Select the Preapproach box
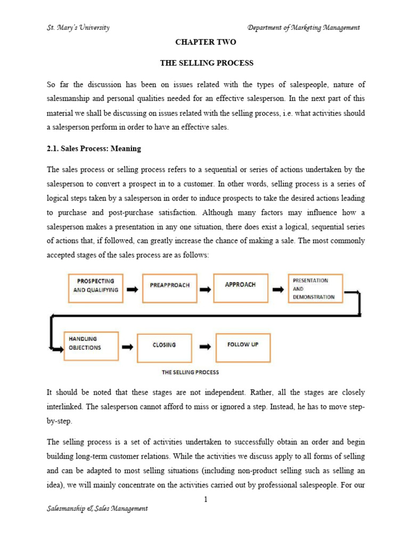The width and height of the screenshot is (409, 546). pos(169,286)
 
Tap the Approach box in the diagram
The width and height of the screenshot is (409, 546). pos(240,285)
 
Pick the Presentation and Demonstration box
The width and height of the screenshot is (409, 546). pos(315,288)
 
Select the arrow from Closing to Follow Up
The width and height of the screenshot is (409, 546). pos(204,347)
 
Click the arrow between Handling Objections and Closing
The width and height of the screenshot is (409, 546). pos(127,347)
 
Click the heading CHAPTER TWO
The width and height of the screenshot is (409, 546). pos(207,42)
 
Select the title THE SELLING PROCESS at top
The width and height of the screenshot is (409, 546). pos(207,63)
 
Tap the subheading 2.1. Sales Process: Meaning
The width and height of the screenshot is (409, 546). pos(94,149)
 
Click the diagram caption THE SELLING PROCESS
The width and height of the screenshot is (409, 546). pos(190,372)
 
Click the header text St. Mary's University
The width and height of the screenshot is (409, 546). pos(78,28)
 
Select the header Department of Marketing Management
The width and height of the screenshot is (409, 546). pos(304,28)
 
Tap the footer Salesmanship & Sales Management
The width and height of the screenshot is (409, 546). pos(97,509)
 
